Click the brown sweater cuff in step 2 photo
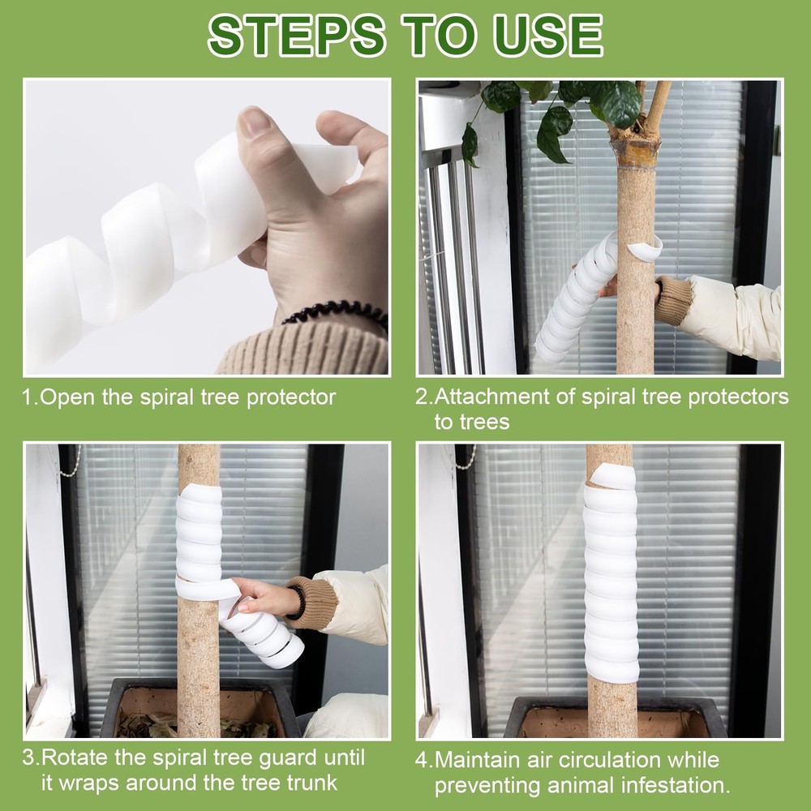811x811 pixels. point(672,299)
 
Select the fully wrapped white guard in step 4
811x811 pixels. point(611,576)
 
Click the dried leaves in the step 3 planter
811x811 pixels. point(154,724)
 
